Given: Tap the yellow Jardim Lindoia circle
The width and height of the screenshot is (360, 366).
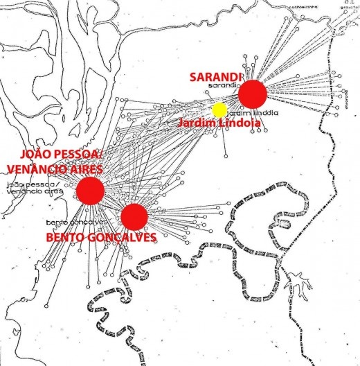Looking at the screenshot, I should click(x=219, y=110).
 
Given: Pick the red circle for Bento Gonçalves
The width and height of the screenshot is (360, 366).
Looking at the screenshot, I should click(x=134, y=216).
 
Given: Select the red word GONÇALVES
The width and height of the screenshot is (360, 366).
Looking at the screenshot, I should click(x=125, y=237).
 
